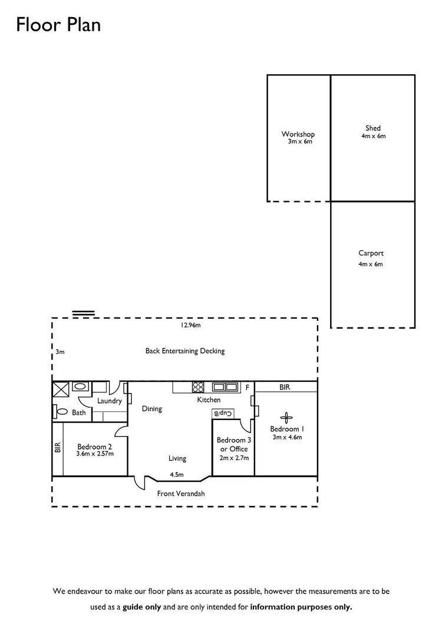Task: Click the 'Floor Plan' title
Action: pyautogui.click(x=58, y=25)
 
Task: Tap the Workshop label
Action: pyautogui.click(x=298, y=135)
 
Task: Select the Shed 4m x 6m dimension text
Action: pyautogui.click(x=373, y=136)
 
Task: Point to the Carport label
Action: pyautogui.click(x=371, y=253)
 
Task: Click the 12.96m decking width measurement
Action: pyautogui.click(x=190, y=325)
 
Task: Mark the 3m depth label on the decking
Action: pyautogui.click(x=60, y=352)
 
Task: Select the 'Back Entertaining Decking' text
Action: pyautogui.click(x=185, y=351)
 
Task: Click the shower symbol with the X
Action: pyautogui.click(x=61, y=388)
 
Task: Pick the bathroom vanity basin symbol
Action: pyautogui.click(x=80, y=387)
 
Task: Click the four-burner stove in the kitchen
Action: pyautogui.click(x=198, y=388)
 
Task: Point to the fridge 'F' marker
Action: pyautogui.click(x=247, y=388)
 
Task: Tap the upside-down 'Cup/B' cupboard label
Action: pyautogui.click(x=220, y=414)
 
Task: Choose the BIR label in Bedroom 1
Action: pyautogui.click(x=285, y=388)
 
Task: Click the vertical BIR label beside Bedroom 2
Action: pyautogui.click(x=57, y=448)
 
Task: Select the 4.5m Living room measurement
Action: pyautogui.click(x=177, y=474)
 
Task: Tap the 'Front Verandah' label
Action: pyautogui.click(x=181, y=494)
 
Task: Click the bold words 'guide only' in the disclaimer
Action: pyautogui.click(x=141, y=607)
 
